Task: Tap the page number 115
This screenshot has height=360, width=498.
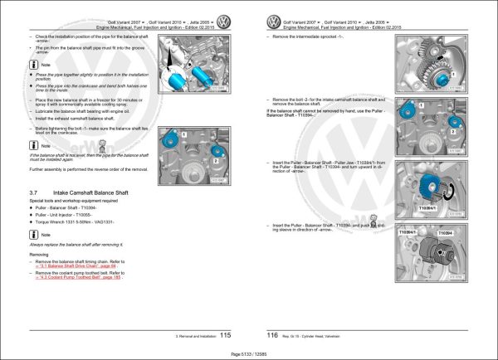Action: point(225,335)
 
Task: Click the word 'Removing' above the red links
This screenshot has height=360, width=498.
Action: point(40,254)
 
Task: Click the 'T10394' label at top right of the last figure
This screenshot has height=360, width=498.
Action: point(446,235)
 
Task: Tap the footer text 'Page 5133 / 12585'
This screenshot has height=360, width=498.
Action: point(248,354)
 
